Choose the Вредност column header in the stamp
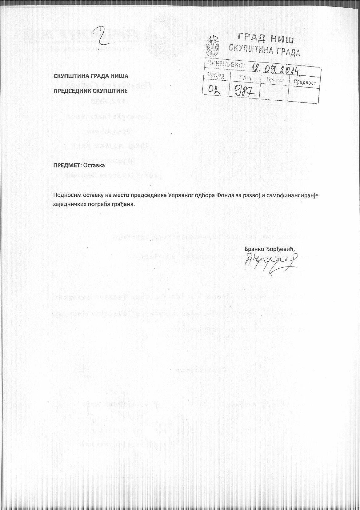[x=305, y=82]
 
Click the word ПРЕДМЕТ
[x=66, y=165]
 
